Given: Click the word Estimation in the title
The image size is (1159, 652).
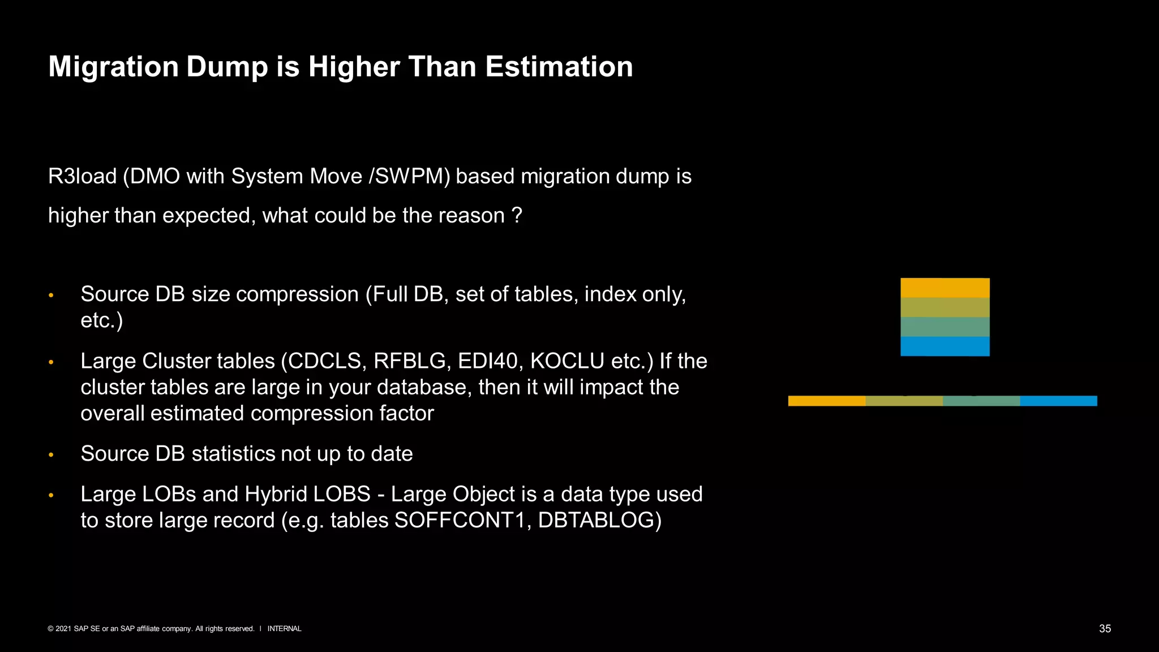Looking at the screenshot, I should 559,67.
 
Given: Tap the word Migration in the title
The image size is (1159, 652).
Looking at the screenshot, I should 114,67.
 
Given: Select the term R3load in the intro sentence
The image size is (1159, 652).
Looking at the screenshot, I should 82,177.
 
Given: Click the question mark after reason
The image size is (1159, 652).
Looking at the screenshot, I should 517,216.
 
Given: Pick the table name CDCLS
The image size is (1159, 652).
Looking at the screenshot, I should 325,361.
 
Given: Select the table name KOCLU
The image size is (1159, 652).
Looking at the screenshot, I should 567,361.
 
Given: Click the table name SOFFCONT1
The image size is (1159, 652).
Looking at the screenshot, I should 462,520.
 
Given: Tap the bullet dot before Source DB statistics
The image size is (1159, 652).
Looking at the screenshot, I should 51,454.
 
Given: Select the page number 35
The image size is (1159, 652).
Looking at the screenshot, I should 1105,629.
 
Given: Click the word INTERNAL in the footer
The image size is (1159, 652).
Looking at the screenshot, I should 284,629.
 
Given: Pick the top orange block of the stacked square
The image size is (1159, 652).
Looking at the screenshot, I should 945,288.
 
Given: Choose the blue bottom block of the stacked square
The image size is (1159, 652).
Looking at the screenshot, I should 945,346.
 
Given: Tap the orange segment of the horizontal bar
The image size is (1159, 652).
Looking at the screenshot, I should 826,401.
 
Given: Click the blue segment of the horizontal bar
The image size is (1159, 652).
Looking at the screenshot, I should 1058,401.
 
